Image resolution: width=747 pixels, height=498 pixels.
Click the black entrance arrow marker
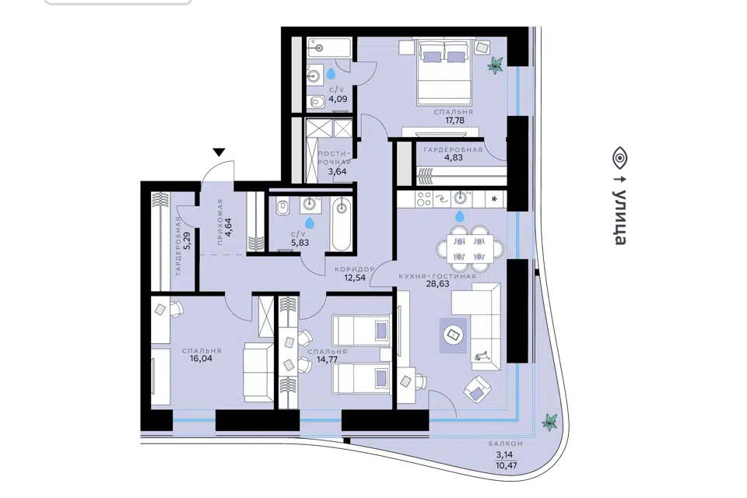219,153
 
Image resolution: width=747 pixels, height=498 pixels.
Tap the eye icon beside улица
620,158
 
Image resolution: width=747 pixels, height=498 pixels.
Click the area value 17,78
454,121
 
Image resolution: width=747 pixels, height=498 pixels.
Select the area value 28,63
437,283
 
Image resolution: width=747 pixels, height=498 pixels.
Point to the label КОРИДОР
355,269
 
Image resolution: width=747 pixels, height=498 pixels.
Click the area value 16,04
201,359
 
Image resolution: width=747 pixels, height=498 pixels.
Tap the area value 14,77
328,359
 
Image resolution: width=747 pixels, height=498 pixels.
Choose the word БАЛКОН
506,444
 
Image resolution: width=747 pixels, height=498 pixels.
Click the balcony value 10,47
506,465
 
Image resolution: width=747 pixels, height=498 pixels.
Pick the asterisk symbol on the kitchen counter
494,198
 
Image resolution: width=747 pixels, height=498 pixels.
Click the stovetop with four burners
423,198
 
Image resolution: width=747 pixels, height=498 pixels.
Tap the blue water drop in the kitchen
460,217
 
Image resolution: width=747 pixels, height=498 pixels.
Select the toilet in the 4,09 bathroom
315,101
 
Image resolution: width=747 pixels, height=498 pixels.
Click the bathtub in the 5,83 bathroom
341,224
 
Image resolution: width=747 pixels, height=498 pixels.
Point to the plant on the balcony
549,422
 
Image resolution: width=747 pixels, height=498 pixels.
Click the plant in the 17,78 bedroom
496,65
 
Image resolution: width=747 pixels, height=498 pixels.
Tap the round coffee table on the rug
453,335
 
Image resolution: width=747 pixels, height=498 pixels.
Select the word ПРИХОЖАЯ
219,222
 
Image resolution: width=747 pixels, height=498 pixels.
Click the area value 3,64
337,171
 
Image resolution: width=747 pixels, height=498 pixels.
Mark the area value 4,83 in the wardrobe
454,158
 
